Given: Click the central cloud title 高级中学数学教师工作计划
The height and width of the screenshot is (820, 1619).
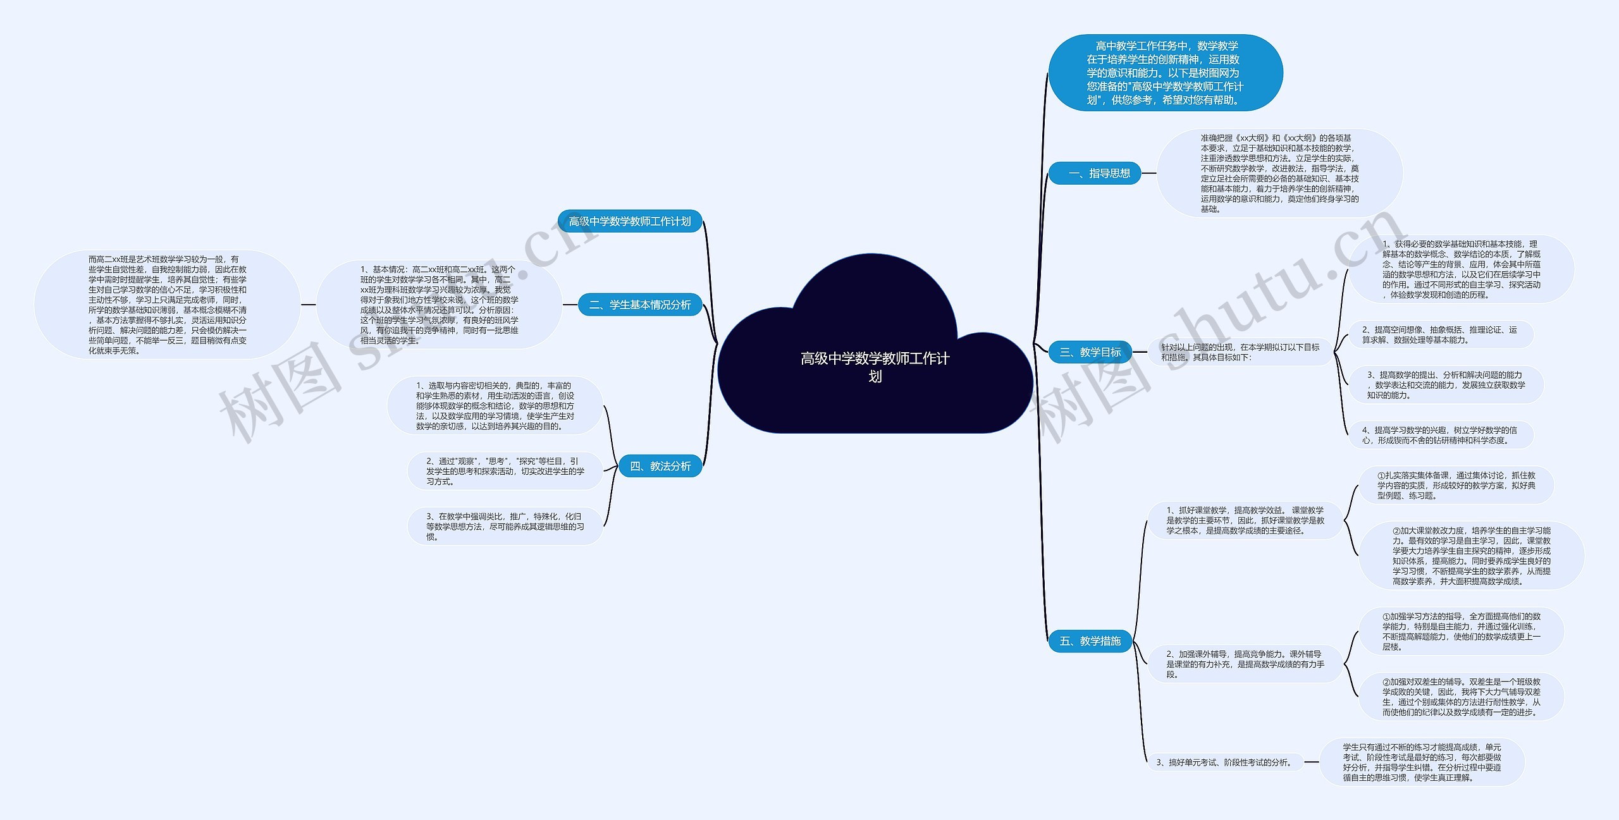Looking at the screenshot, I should tap(875, 367).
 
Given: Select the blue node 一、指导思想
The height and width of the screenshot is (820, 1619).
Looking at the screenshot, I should tap(1094, 173).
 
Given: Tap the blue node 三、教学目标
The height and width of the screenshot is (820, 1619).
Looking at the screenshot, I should tap(1090, 352).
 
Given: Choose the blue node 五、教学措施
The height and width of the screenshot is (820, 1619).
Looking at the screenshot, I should tap(1090, 641).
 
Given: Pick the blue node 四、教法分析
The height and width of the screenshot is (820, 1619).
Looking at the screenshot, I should tap(660, 466).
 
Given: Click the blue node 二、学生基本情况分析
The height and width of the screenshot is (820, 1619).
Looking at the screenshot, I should tap(640, 305).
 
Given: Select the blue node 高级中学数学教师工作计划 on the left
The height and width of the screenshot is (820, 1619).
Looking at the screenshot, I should tap(630, 221).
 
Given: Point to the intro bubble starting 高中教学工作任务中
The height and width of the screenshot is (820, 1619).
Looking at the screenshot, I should tap(1165, 73).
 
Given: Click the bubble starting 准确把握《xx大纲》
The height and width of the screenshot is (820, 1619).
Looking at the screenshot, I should tap(1279, 173).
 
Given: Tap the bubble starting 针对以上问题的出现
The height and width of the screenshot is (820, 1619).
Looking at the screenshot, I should tap(1240, 352).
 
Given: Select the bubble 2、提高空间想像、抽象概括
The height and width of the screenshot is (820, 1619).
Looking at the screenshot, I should tap(1439, 335).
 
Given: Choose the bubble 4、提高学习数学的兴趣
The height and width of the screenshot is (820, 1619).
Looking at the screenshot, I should tap(1439, 435).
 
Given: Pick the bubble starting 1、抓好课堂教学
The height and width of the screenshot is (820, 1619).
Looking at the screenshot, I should tap(1245, 520).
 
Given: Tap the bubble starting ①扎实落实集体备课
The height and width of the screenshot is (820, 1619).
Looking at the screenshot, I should tap(1456, 486).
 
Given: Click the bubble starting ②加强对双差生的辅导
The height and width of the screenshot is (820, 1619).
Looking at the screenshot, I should tap(1461, 697).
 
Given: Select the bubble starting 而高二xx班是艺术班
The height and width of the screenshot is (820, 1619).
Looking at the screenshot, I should tap(168, 305).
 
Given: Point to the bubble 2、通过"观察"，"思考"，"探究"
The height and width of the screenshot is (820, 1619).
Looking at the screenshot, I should tap(505, 471).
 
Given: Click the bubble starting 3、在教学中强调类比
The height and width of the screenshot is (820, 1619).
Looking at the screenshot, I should tap(505, 527).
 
